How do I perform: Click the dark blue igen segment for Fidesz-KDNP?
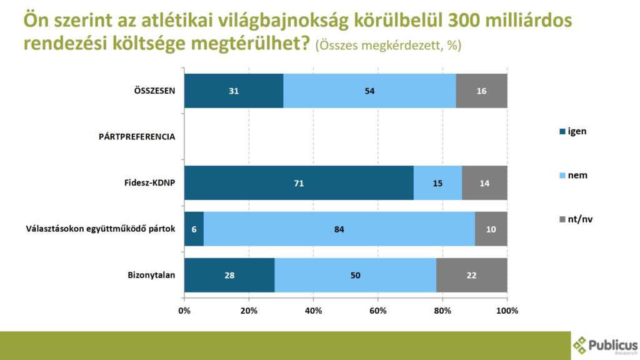[299, 183]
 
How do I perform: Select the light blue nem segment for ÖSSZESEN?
[369, 91]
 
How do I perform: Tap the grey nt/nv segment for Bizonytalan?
[471, 275]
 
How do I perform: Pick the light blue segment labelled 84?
[339, 229]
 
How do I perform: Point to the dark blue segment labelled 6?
[194, 229]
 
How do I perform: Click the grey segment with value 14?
[484, 183]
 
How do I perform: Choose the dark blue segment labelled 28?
[229, 275]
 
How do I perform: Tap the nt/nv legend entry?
[576, 219]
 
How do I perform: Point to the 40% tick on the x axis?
[313, 311]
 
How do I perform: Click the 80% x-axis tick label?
[442, 311]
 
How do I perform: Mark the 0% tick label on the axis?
[184, 311]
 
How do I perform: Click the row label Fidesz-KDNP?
[149, 183]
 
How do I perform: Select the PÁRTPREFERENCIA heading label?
[136, 137]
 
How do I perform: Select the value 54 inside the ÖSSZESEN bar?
[369, 91]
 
